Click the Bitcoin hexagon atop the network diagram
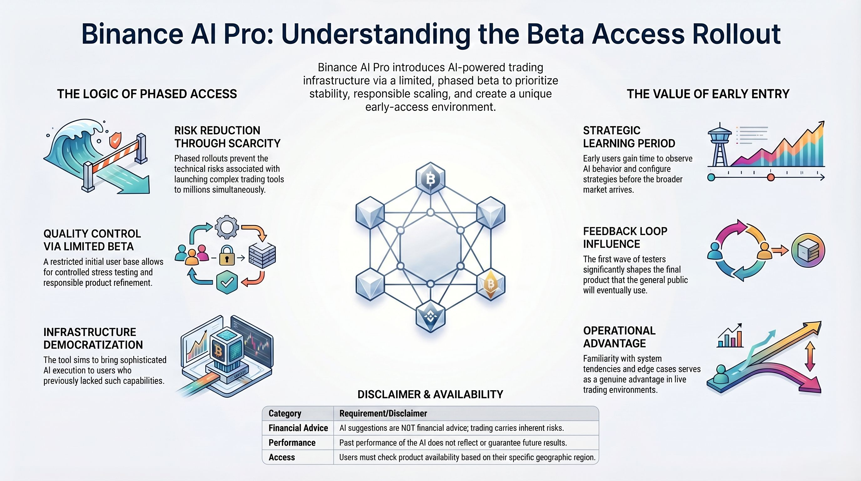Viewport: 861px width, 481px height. click(x=430, y=179)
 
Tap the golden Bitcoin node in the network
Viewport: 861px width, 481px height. click(x=490, y=284)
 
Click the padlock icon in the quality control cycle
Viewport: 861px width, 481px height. click(x=227, y=256)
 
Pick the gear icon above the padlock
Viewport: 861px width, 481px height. click(x=227, y=227)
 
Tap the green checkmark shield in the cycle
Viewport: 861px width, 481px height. click(x=227, y=283)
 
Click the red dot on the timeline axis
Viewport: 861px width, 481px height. click(x=771, y=177)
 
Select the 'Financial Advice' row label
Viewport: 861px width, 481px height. click(x=298, y=428)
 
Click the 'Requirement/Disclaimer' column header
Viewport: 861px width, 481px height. click(x=383, y=413)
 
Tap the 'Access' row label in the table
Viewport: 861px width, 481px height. click(x=282, y=457)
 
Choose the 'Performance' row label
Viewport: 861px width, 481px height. click(x=292, y=442)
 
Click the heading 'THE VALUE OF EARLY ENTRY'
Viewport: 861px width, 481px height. click(x=708, y=94)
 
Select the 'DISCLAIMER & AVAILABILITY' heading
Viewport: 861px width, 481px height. click(x=430, y=394)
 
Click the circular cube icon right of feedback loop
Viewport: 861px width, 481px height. click(x=808, y=250)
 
